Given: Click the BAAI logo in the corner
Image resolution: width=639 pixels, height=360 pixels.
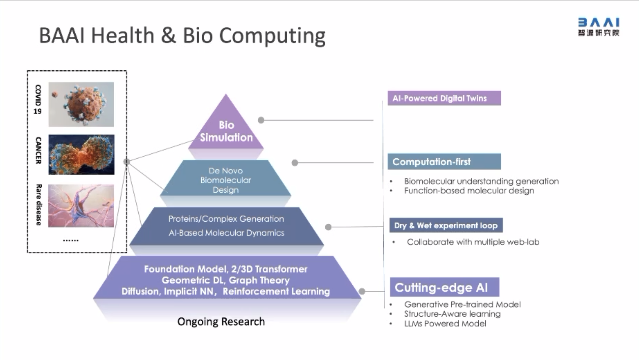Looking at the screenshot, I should [x=599, y=27].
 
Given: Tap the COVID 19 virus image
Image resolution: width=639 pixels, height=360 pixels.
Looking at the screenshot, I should [x=81, y=104].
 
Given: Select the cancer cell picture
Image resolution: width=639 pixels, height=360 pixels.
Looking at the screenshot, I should [x=81, y=154].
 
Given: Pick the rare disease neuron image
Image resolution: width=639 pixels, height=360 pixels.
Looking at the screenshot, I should [x=81, y=206].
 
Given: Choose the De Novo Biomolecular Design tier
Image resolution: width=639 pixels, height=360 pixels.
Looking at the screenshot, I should [x=226, y=180].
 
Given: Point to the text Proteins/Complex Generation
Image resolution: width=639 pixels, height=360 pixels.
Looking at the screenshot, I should [x=226, y=219].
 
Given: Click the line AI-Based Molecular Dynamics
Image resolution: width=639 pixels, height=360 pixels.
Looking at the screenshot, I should [x=226, y=233].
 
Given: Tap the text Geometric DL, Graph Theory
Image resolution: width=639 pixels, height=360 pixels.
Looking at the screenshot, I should [x=226, y=280].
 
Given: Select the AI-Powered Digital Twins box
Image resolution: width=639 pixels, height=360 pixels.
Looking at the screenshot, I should [x=444, y=98].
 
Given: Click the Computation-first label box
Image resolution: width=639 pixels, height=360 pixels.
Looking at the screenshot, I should [x=444, y=162].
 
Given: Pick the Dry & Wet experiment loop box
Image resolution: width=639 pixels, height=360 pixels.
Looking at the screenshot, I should [x=446, y=225].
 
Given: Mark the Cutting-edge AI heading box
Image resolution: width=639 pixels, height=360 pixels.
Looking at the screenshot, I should [x=444, y=287].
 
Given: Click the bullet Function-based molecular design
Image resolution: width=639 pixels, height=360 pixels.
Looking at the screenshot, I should [x=469, y=191].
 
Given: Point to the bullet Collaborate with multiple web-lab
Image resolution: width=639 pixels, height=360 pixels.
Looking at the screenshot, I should [x=473, y=242].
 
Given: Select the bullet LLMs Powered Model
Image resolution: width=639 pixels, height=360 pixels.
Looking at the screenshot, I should [x=445, y=324].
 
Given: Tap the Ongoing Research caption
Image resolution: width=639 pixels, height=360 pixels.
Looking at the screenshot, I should [x=221, y=322].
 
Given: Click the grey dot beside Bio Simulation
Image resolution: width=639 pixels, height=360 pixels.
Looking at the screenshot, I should [x=261, y=120].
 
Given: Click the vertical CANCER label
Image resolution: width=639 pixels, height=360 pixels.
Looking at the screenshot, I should [x=38, y=150].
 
